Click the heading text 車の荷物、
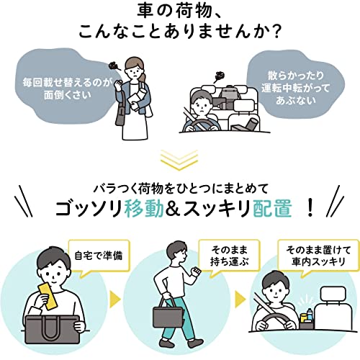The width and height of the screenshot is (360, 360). (x=179, y=12)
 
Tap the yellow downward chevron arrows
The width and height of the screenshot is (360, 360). (x=180, y=158)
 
